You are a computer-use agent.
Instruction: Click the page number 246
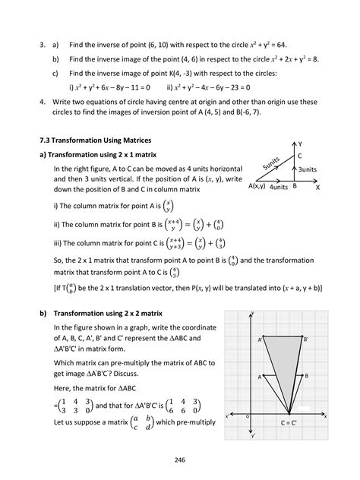[x=180, y=459]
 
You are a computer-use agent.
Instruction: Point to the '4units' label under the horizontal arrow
[x=279, y=187]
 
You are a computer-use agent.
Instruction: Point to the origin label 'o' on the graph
[x=247, y=416]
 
